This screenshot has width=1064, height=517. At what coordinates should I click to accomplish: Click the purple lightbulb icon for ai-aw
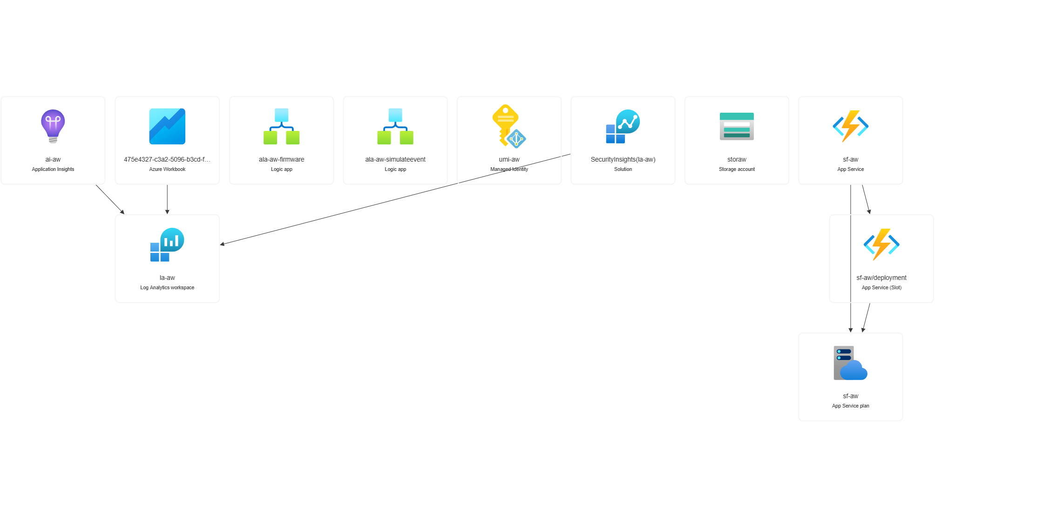[53, 126]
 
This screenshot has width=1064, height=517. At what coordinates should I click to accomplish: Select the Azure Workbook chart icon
[167, 126]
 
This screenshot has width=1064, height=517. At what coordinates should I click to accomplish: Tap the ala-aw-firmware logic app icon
[281, 126]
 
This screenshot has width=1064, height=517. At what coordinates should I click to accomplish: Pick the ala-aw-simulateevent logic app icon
[395, 126]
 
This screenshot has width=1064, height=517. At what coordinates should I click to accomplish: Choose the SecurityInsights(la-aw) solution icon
[623, 126]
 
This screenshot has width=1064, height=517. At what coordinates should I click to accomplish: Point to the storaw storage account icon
[737, 126]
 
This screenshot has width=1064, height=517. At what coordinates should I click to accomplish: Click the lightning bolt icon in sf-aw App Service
[850, 126]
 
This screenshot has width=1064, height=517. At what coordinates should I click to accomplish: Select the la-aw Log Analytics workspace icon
[167, 245]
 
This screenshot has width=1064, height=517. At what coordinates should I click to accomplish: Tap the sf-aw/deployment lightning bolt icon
[881, 245]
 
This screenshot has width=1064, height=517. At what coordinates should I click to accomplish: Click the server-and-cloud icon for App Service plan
[850, 363]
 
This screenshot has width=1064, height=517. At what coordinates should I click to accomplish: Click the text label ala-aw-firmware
[281, 159]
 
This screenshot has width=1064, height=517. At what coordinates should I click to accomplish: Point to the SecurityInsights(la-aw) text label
[623, 159]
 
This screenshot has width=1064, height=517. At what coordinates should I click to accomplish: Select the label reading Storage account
[737, 169]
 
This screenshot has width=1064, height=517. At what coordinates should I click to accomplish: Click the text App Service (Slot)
[881, 287]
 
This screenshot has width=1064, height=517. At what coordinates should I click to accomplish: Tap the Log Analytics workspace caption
[167, 287]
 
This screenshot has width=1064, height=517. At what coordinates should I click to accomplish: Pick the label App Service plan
[850, 406]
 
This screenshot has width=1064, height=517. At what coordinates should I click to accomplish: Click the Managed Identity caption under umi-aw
[509, 169]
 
